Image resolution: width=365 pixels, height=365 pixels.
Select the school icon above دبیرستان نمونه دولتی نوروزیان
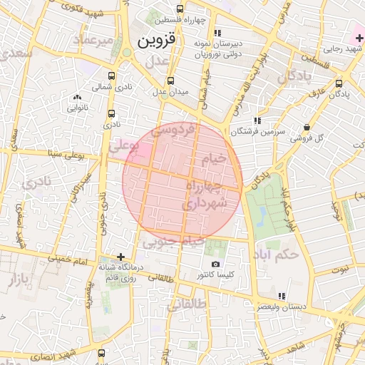(217, 33)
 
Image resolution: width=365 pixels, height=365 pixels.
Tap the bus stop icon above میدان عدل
(170, 81)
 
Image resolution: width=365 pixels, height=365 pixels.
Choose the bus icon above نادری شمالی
(111, 75)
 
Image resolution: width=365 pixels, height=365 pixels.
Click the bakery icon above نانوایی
(77, 97)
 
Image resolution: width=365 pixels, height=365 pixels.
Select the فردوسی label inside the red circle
(175, 131)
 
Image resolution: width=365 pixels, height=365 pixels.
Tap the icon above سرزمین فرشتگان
(256, 120)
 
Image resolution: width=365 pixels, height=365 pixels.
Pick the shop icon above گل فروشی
(307, 127)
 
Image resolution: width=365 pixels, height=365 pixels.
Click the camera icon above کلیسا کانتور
(215, 264)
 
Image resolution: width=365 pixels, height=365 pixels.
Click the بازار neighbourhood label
(18, 281)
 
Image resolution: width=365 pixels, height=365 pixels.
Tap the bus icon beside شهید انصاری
(101, 353)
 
